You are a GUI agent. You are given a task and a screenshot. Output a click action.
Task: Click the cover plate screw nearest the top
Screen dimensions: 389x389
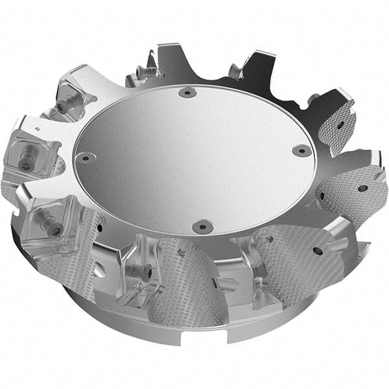[x=186, y=93]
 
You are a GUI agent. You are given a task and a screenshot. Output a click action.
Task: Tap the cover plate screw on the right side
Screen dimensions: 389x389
[x=301, y=150]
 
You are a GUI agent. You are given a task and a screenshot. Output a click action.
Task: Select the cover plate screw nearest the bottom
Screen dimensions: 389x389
[x=202, y=227]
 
